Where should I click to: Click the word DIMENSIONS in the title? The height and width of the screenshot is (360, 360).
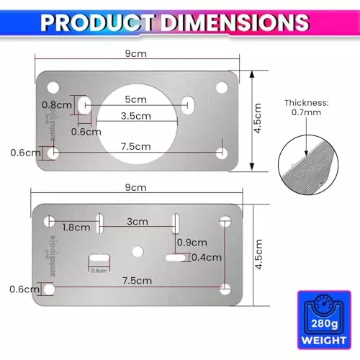[x=235, y=23]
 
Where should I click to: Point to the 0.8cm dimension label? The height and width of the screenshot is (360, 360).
[x=58, y=105]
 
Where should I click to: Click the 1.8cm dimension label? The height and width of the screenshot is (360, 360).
[x=76, y=228]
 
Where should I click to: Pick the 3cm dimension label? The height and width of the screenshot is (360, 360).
[x=137, y=221]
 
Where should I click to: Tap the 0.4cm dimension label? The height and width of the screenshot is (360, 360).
[x=207, y=257]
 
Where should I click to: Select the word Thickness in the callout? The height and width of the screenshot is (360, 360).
[x=305, y=103]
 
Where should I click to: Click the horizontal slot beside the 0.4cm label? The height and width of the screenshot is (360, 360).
[x=175, y=257]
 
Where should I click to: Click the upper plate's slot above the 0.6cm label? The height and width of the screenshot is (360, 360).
[x=84, y=105]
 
